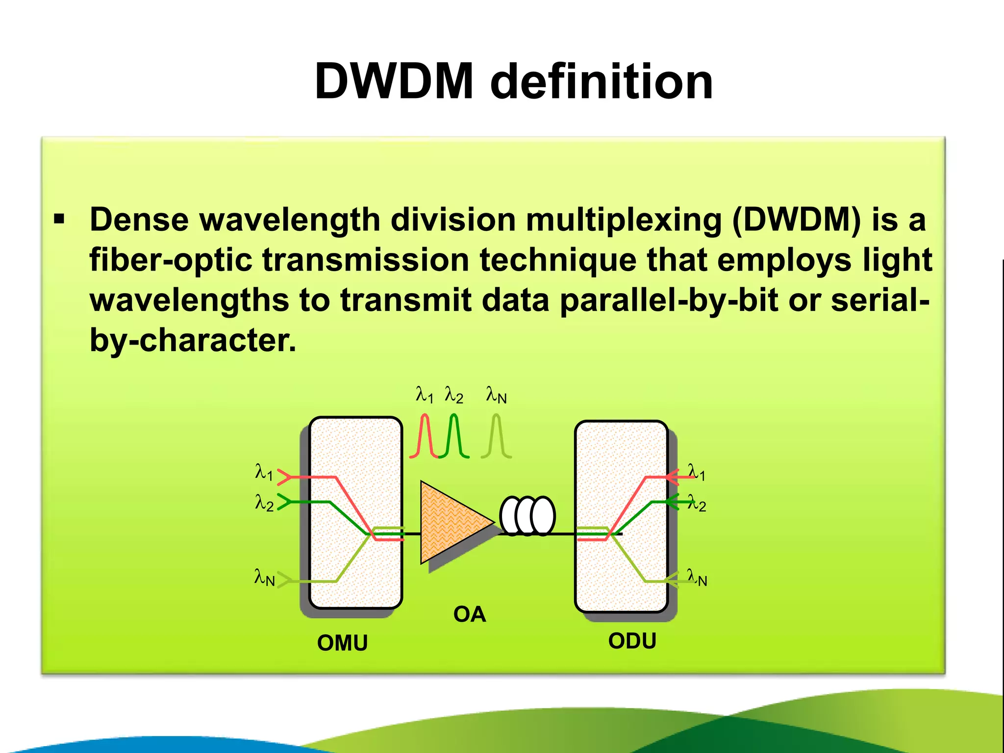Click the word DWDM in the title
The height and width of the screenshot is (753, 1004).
pos(394,81)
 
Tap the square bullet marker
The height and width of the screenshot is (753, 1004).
pos(59,219)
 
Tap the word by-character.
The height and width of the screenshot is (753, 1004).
pos(193,340)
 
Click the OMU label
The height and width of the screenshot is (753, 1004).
pos(342,643)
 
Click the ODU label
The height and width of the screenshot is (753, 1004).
pos(632,641)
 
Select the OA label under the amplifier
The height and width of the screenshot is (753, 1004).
pos(469,614)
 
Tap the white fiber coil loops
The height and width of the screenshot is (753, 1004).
pos(527,516)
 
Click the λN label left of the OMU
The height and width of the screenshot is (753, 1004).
pos(264,577)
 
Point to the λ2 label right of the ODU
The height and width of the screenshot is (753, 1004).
pos(697,503)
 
